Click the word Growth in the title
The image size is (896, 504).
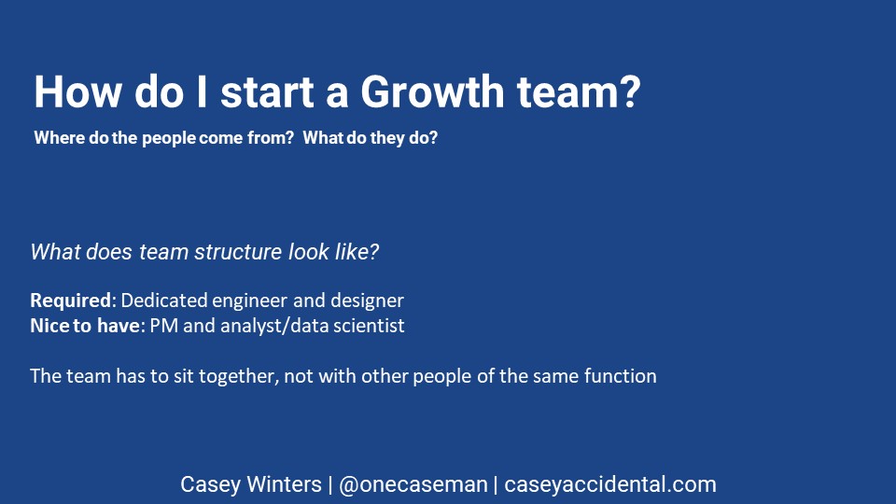(432, 91)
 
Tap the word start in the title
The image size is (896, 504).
(268, 92)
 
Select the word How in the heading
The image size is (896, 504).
(77, 91)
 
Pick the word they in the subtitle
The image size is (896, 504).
(387, 138)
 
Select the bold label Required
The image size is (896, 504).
(73, 301)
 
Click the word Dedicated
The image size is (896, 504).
(164, 301)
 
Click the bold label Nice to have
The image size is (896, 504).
(85, 326)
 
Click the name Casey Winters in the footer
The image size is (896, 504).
(251, 484)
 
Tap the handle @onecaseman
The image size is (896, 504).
(413, 484)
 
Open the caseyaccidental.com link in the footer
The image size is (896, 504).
(610, 484)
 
